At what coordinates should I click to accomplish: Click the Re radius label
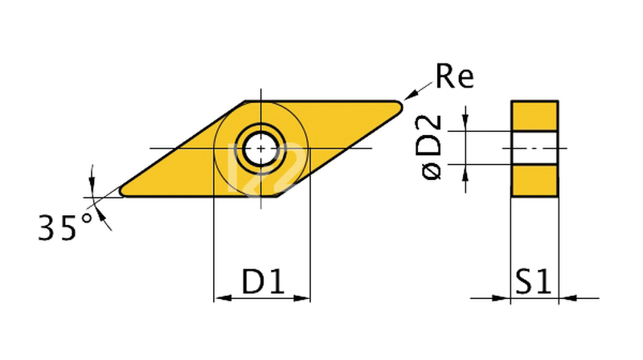(x=455, y=76)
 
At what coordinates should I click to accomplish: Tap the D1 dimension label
(x=264, y=282)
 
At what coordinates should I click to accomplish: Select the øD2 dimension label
(x=431, y=147)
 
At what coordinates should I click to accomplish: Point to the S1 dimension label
(x=532, y=282)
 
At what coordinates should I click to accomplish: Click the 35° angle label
(x=67, y=227)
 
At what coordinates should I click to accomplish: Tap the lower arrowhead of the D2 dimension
(x=465, y=171)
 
